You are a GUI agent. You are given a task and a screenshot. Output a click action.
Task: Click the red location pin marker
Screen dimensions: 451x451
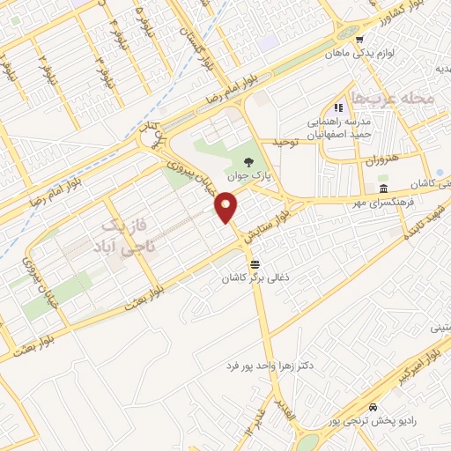[227, 208]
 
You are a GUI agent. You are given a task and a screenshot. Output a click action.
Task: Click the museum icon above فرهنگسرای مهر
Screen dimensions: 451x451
[383, 190]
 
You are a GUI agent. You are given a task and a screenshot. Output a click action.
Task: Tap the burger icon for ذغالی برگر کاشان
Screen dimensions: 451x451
[255, 263]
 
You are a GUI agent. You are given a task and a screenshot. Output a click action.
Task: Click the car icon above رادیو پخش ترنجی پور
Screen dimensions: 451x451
[374, 408]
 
